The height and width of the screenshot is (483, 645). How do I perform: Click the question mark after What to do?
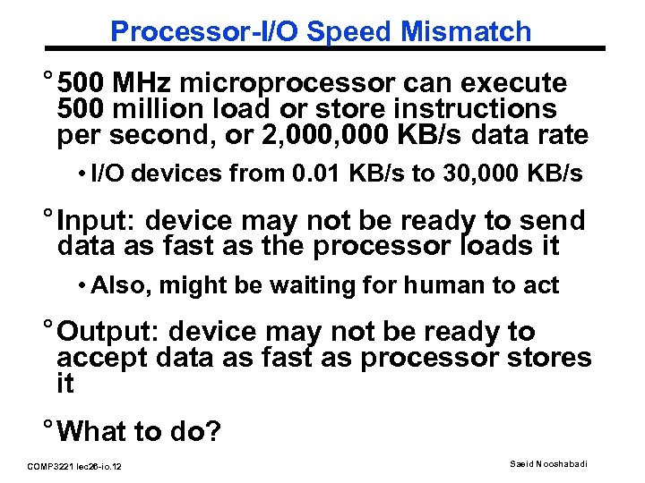pyautogui.click(x=212, y=433)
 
